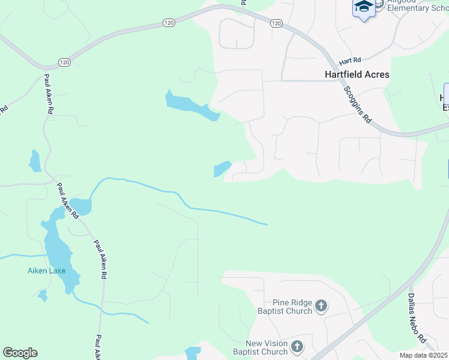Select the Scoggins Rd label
pos(359,104)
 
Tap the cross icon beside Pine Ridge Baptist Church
pos(321,307)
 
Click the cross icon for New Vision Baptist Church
pos(297,346)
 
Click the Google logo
pos(20,353)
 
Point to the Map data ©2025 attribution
pos(423,355)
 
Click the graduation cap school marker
pos(363,8)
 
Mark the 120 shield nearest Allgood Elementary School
pos(276,23)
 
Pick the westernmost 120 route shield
pos(64,62)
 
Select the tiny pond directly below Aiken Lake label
pos(42,295)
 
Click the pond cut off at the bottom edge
pos(193,353)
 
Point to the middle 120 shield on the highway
pos(168,23)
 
